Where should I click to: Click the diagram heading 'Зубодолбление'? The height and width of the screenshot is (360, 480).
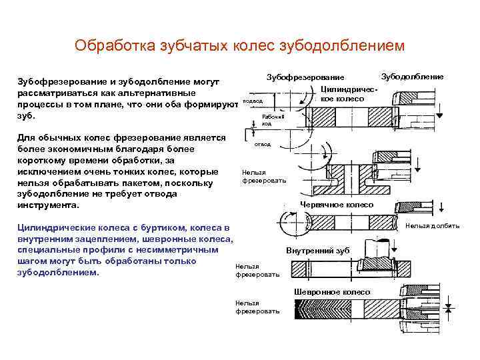(x=412, y=77)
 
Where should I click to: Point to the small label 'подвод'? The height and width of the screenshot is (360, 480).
(x=253, y=101)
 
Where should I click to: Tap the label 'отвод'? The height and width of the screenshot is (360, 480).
(x=263, y=144)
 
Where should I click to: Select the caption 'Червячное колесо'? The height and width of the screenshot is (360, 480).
(x=337, y=204)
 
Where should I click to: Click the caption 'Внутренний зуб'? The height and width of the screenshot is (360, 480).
(x=318, y=250)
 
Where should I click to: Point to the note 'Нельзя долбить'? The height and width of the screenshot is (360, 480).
(x=433, y=226)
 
